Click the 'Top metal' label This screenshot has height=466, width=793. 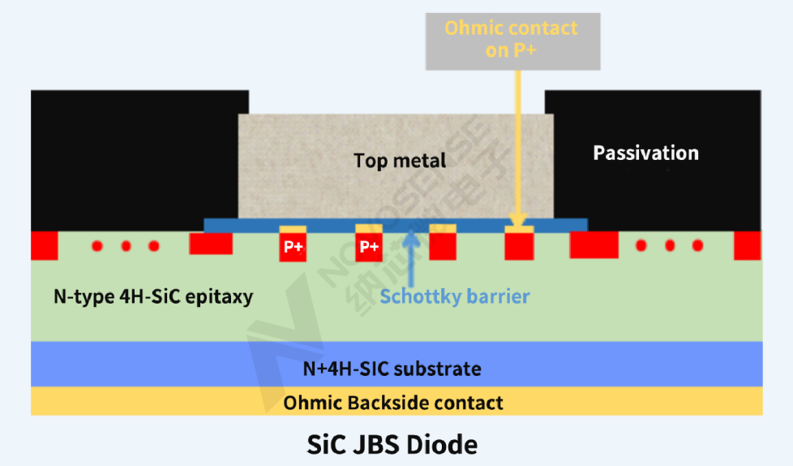pos(400,161)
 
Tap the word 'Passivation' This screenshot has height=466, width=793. pos(645,153)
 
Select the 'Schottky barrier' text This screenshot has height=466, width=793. pos(454,296)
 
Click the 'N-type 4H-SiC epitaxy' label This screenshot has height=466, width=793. pos(153,296)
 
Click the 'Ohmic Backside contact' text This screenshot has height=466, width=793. pos(393,403)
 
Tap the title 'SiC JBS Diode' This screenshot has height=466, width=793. pos(392,445)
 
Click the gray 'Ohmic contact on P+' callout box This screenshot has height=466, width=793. pos(511,39)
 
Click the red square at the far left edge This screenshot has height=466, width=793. pos(44,245)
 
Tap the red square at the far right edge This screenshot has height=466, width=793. pos(747,245)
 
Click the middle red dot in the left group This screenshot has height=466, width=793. pos(126,246)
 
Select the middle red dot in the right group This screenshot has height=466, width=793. pos(670,245)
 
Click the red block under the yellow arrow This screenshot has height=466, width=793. pos(519,246)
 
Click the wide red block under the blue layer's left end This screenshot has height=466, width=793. pos(211,244)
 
